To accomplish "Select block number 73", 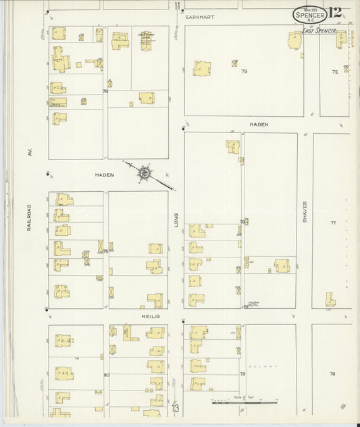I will [x=245, y=71].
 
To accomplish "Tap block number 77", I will [x=332, y=223].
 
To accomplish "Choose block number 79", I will [x=242, y=373].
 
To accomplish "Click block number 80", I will [x=106, y=374].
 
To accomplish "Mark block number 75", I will [x=106, y=251].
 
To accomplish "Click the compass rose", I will [x=145, y=174].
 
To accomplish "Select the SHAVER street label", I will [x=305, y=212].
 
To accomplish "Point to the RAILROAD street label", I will [x=30, y=218].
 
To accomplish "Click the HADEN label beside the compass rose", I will [x=105, y=174].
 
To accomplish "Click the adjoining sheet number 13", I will [x=176, y=408].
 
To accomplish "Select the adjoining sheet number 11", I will [x=178, y=7].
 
